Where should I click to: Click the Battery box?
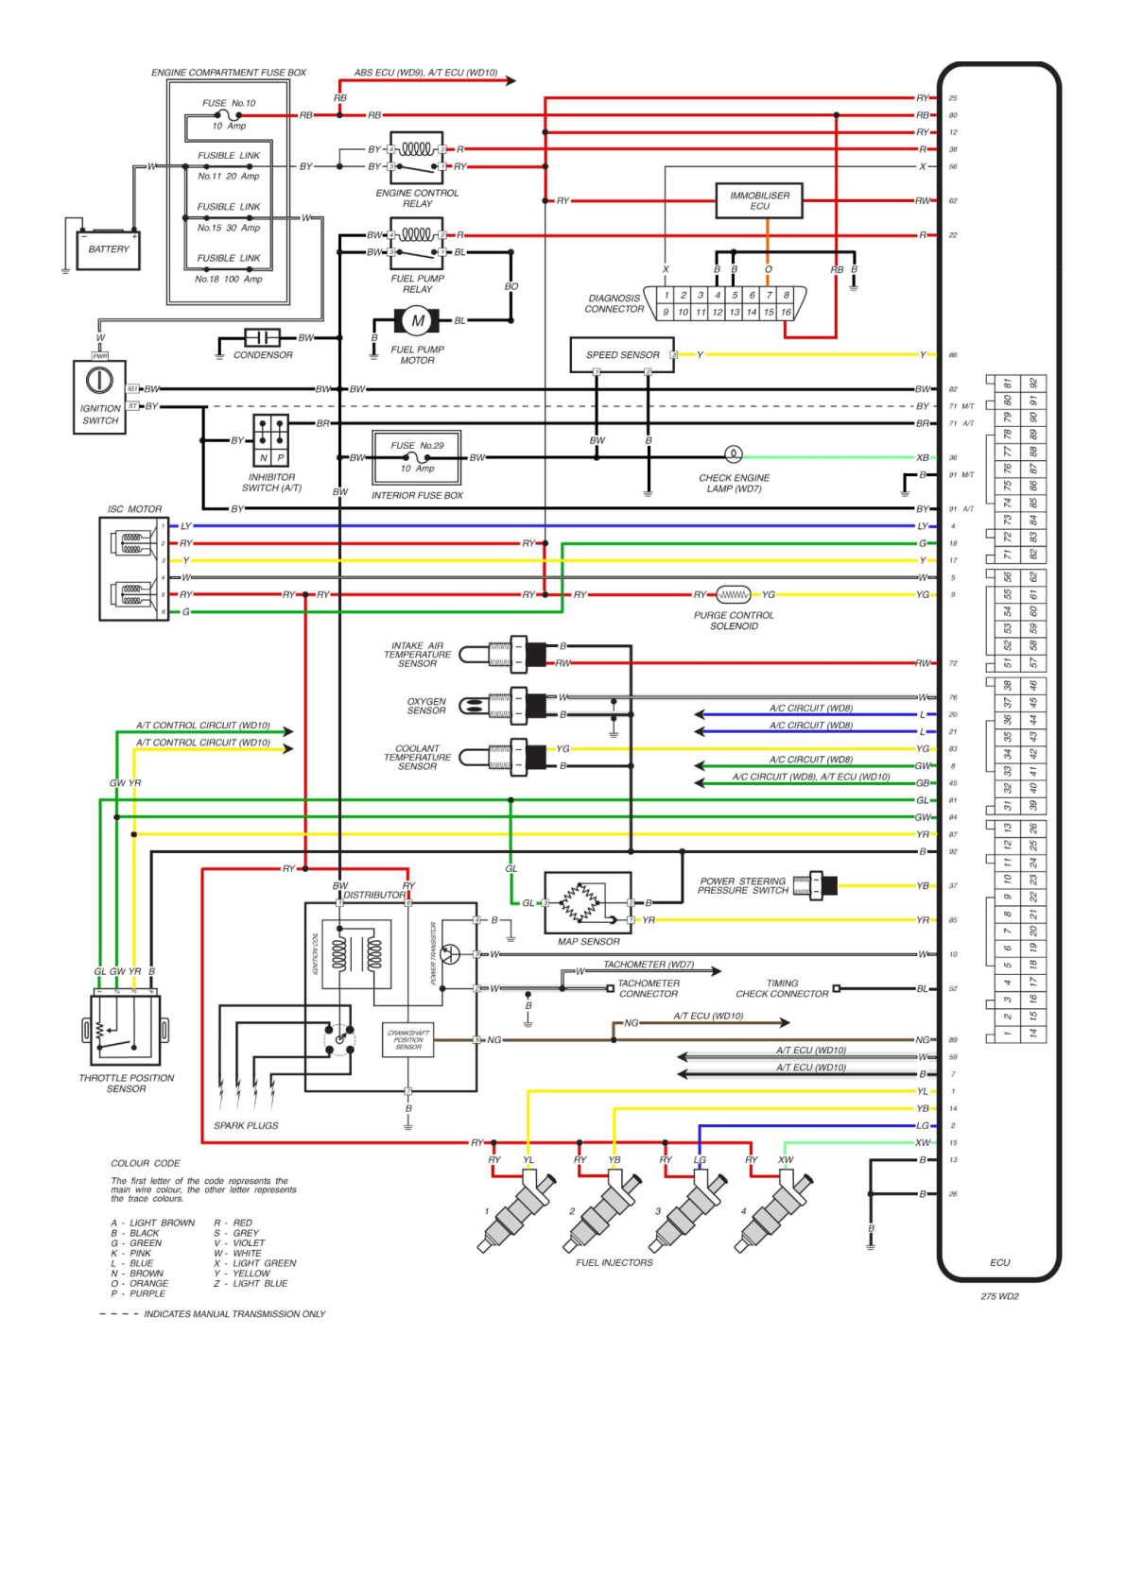coord(108,249)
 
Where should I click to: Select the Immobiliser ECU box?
coord(759,200)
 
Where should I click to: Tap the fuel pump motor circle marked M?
coord(417,321)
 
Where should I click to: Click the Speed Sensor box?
coord(622,355)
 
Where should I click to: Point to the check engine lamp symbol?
coord(733,454)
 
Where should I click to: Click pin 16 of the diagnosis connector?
coord(786,312)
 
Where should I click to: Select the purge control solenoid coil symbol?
coord(734,595)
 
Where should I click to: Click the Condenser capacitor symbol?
coord(262,337)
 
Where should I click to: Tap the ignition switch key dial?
coord(99,380)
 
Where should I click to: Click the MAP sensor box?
coord(587,903)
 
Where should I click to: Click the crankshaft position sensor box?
coord(408,1039)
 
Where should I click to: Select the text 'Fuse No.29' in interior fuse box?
coord(417,446)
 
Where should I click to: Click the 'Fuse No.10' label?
coord(229,103)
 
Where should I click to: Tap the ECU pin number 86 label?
coord(953,355)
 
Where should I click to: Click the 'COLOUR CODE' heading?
coord(145,1163)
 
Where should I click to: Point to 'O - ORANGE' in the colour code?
coord(140,1283)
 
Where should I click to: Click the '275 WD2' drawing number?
coord(999,1296)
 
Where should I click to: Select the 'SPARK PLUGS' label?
coord(246,1125)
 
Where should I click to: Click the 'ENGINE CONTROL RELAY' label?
coord(417,197)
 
